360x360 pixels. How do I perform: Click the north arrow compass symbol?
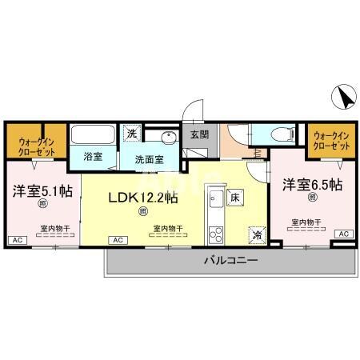point(345,98)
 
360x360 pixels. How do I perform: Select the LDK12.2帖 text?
point(142,196)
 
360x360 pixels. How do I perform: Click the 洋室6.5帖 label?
point(312,185)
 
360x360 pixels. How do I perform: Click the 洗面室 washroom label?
point(149,159)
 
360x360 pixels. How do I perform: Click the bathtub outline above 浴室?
point(92,134)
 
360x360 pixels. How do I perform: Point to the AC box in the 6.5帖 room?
point(342,233)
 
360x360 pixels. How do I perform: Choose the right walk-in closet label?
point(330,142)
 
